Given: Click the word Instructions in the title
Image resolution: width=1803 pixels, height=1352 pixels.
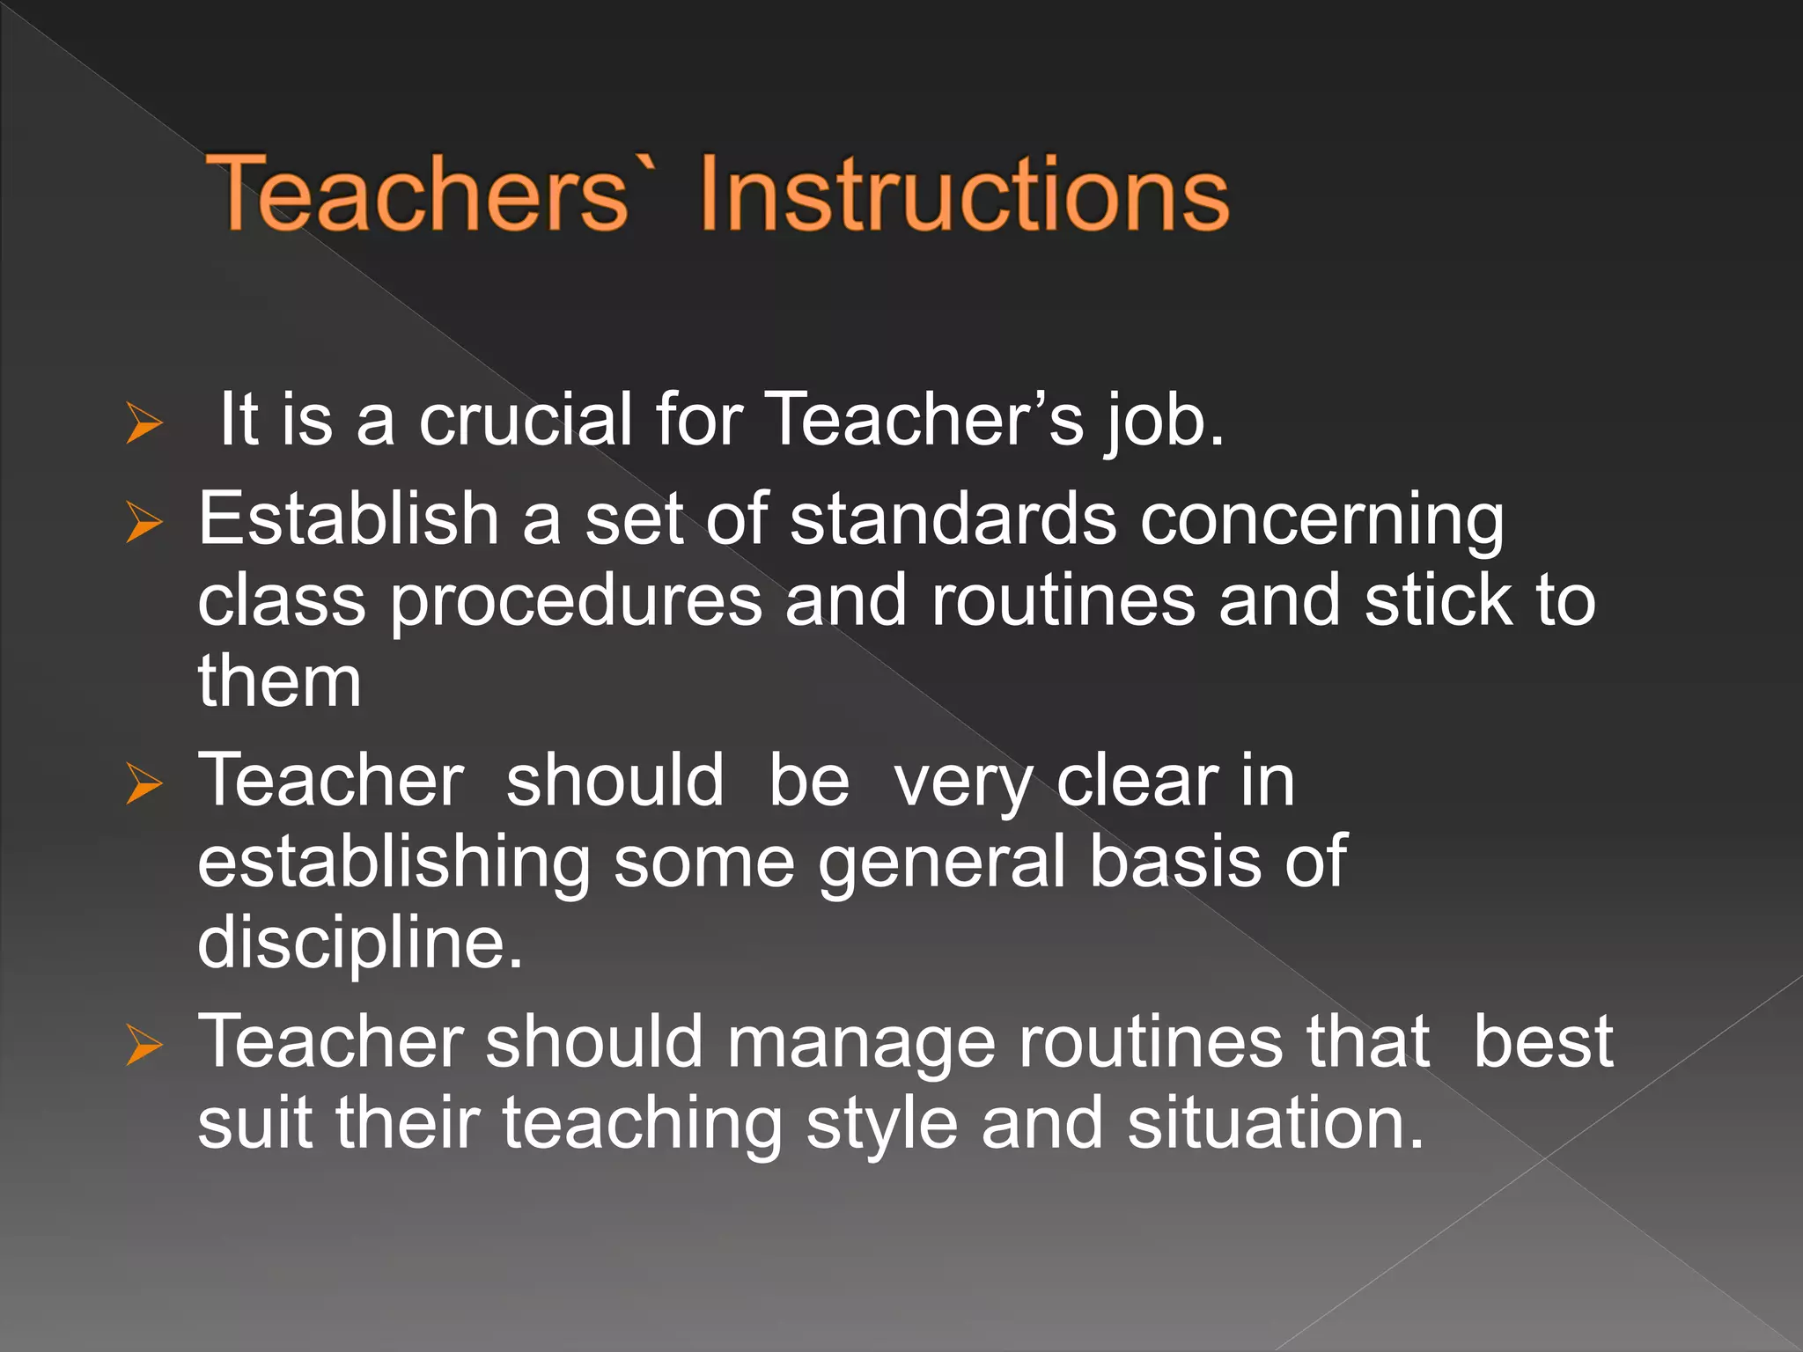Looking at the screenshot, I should (x=964, y=193).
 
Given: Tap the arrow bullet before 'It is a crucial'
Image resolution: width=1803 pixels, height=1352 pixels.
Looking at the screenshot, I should (x=144, y=422).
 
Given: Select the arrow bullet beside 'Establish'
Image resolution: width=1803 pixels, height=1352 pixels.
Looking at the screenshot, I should (x=144, y=521).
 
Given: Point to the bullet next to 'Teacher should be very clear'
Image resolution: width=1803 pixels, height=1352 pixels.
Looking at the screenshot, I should (x=144, y=783).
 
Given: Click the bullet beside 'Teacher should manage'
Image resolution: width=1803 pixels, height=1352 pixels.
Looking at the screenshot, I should (x=144, y=1044).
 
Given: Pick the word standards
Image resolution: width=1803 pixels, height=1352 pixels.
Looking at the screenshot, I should (x=953, y=518).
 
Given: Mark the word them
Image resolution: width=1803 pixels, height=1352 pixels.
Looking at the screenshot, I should (x=280, y=681).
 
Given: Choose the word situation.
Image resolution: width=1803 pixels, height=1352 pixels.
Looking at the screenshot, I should (x=1275, y=1124).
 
